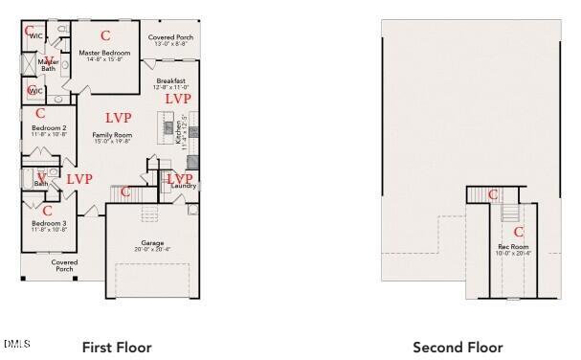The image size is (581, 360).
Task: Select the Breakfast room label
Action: (170, 83)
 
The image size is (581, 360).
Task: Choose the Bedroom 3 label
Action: (49, 226)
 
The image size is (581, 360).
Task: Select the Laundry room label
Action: (184, 186)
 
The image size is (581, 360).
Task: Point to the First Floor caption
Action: (116, 348)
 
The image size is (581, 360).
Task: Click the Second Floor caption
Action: (458, 348)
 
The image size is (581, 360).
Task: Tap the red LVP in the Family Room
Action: (119, 117)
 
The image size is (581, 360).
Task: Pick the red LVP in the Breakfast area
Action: (179, 99)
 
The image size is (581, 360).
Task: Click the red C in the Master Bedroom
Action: (105, 35)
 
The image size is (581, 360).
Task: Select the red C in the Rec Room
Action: (519, 231)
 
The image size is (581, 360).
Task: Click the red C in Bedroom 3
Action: (47, 211)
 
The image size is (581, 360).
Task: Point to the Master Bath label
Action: (49, 65)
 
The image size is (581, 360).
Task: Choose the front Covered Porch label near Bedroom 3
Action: (64, 265)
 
